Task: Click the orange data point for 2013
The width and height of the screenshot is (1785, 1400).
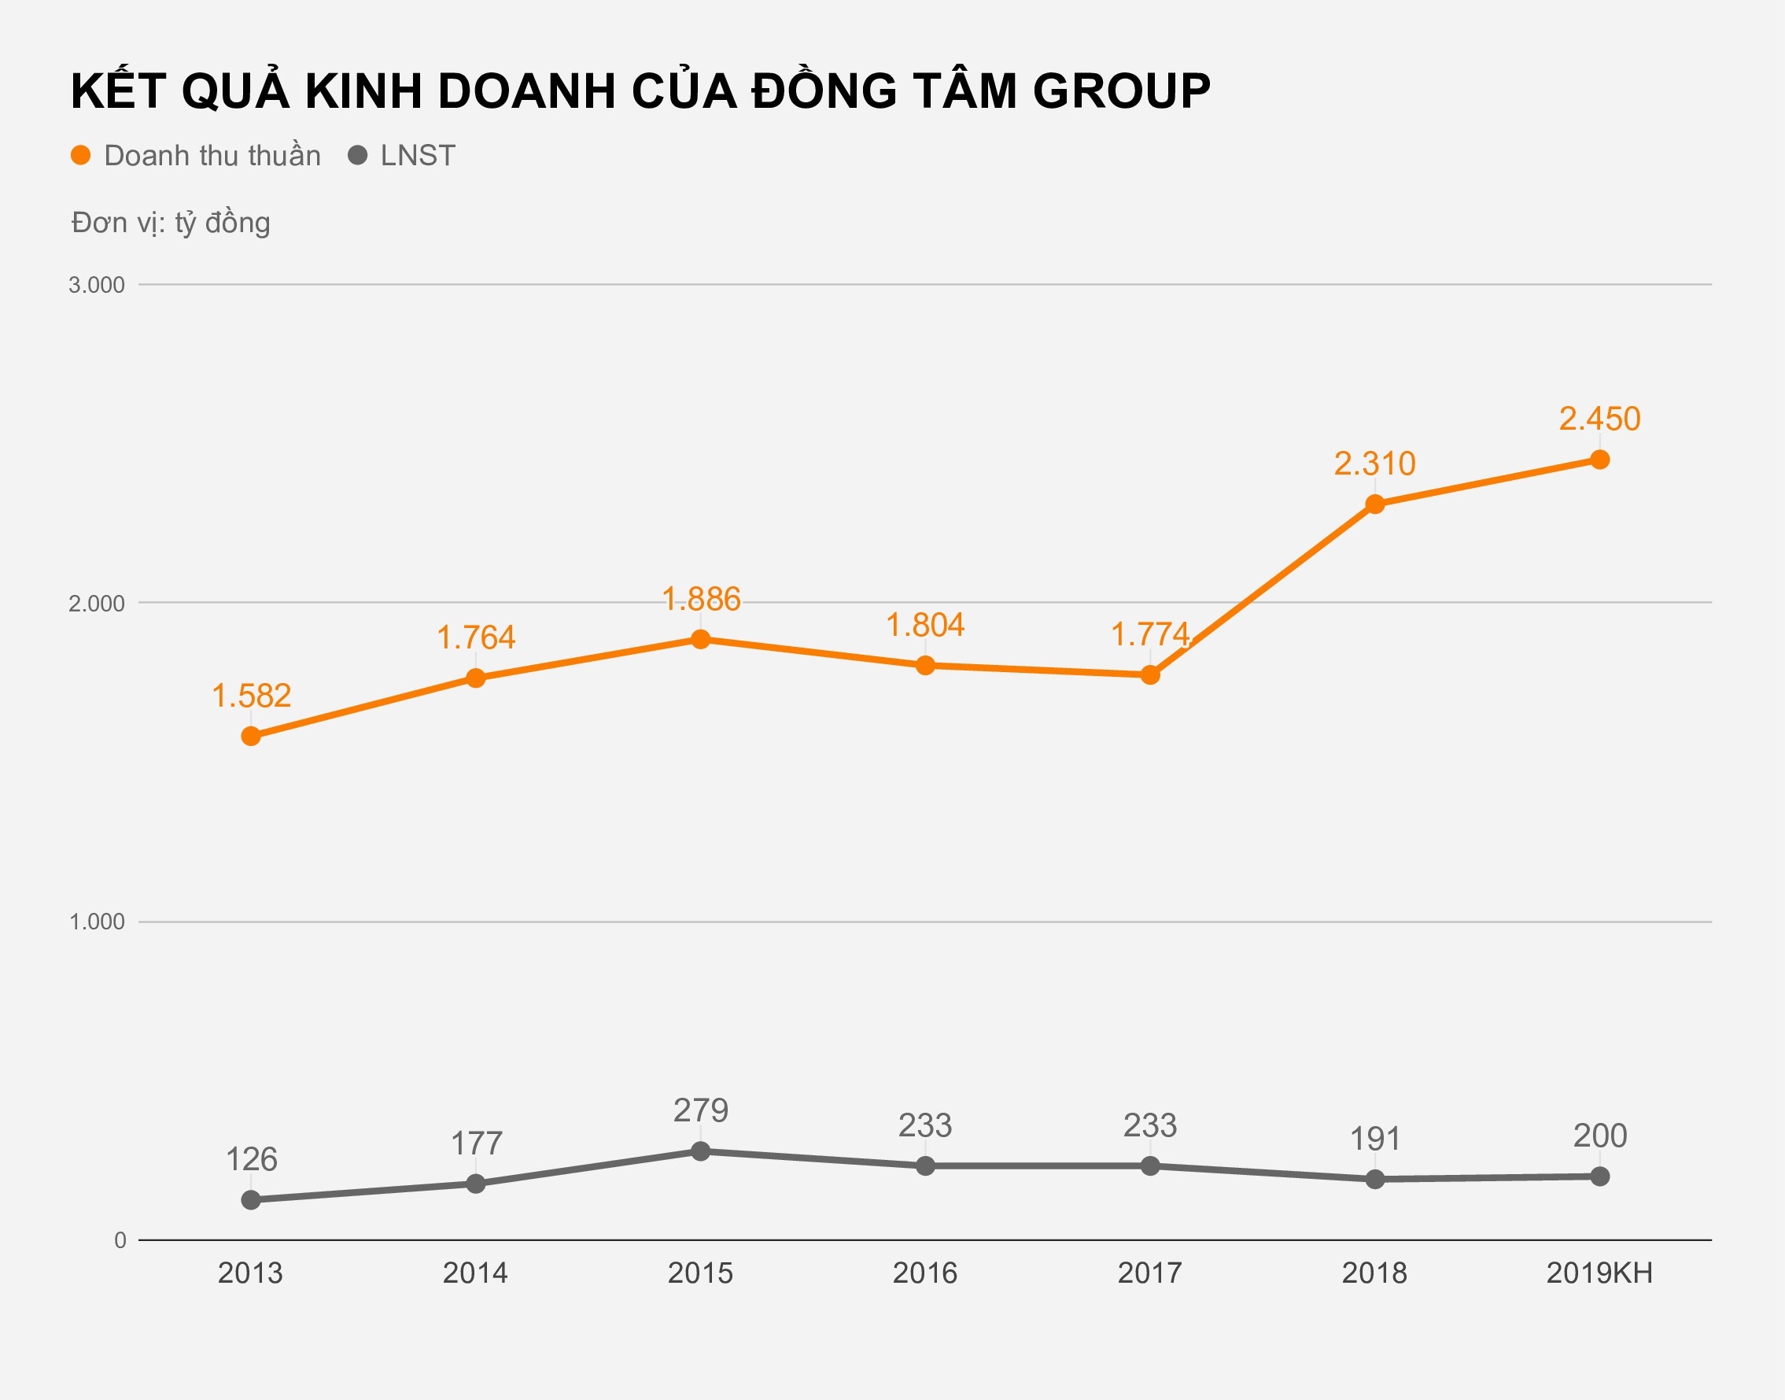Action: [251, 736]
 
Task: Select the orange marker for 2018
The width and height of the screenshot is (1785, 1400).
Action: [1374, 504]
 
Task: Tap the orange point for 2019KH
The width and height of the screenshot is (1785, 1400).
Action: [1599, 460]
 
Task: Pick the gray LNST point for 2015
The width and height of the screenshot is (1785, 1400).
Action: [700, 1151]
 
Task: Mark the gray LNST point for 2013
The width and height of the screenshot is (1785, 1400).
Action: [251, 1200]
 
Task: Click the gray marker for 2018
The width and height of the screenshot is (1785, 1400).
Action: [1374, 1180]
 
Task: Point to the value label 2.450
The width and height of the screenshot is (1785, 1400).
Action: [1599, 419]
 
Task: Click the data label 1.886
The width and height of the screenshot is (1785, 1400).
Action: [700, 599]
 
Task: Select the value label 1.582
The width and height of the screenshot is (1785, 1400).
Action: [251, 696]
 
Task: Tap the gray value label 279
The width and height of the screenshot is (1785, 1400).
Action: [700, 1110]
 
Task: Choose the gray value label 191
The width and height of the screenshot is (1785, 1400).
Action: [1374, 1139]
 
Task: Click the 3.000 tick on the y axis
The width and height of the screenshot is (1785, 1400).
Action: [97, 285]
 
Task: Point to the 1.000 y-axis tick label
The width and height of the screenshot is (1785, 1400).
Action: [97, 922]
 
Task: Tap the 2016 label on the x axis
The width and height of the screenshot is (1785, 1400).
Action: [925, 1273]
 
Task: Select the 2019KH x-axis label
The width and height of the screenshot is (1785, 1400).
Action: [1599, 1273]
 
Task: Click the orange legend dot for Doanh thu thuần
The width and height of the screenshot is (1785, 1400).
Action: [80, 156]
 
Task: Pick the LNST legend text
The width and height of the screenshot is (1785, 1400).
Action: [418, 156]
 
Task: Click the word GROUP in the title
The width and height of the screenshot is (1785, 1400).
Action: [1122, 91]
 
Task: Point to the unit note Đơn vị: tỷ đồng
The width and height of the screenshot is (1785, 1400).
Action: [171, 223]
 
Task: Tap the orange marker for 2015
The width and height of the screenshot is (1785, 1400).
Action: [700, 639]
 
